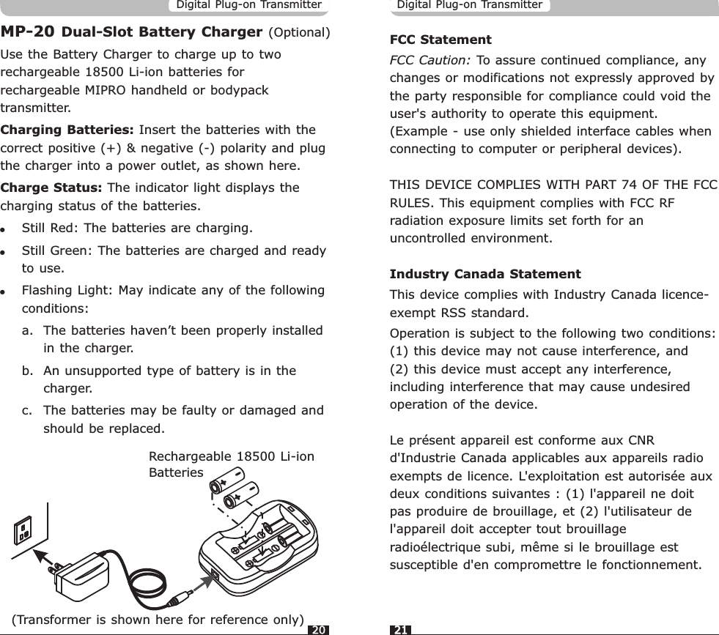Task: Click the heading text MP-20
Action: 27,32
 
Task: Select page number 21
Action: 402,629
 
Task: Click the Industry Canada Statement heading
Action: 484,275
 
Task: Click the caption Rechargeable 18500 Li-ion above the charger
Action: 231,457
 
